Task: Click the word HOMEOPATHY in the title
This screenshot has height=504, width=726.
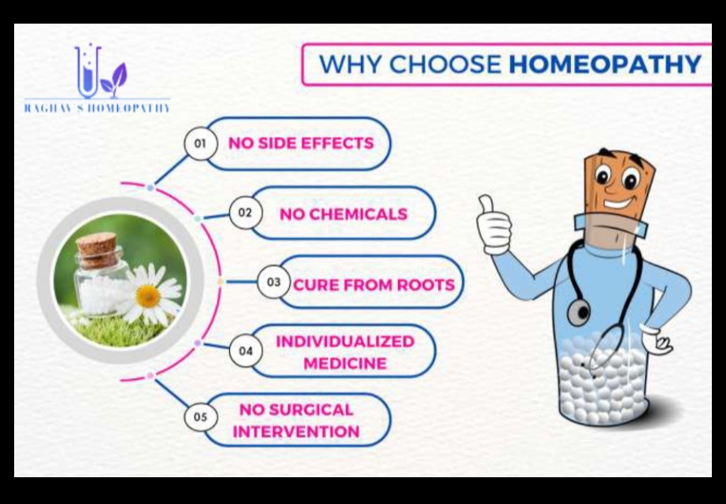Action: point(605,64)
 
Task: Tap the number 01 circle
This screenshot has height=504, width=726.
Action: point(200,143)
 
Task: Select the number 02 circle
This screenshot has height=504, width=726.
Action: point(245,213)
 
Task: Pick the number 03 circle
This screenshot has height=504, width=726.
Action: point(274,282)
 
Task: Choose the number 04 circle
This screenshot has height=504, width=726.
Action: point(245,351)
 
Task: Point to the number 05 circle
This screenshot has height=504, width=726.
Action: point(200,417)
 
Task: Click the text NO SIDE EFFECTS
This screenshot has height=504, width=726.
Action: point(301,143)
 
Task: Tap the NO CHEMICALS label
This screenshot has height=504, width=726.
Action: point(344,213)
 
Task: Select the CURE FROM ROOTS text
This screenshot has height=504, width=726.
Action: point(374,284)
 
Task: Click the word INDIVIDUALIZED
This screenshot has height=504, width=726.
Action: point(345,342)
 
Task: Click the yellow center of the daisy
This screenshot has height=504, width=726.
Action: point(148,296)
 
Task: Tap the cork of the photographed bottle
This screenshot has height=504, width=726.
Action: point(97,250)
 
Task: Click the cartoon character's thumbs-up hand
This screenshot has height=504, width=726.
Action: point(493,224)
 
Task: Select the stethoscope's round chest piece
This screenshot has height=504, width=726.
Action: point(578,311)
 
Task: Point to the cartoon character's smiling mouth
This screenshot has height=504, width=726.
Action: point(620,203)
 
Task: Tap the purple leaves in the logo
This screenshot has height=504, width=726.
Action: point(114,80)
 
